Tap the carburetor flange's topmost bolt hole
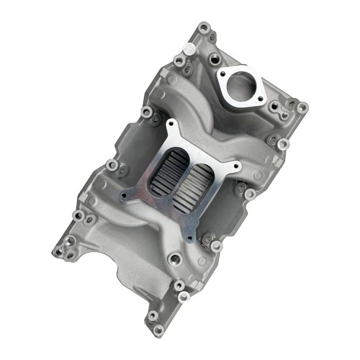171,130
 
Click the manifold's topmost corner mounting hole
204,29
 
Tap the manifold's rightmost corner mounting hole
302,108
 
